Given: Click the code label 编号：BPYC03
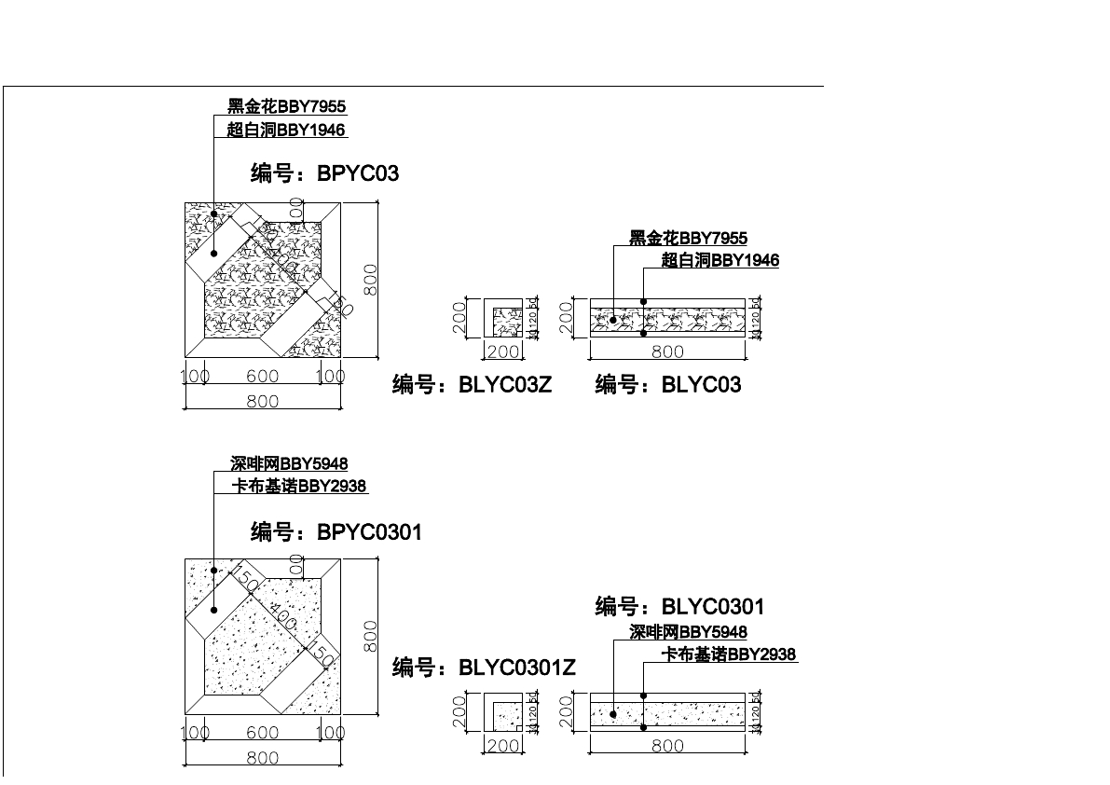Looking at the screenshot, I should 324,173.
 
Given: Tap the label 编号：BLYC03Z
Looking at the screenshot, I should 472,384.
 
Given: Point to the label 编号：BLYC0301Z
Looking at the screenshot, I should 484,668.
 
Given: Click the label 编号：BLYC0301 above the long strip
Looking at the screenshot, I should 679,607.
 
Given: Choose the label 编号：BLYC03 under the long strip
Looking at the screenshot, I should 668,384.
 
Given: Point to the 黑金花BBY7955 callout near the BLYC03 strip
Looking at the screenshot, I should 688,239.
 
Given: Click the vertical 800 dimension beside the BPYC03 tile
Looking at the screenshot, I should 370,280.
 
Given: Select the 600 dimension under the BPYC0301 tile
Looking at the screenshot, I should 263,734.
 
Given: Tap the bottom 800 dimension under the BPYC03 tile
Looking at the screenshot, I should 263,401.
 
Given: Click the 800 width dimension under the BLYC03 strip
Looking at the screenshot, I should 667,351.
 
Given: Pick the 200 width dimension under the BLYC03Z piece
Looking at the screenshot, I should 504,351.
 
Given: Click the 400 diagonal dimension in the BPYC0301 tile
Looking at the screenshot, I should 283,614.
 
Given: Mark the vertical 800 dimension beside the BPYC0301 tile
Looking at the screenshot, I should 370,637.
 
